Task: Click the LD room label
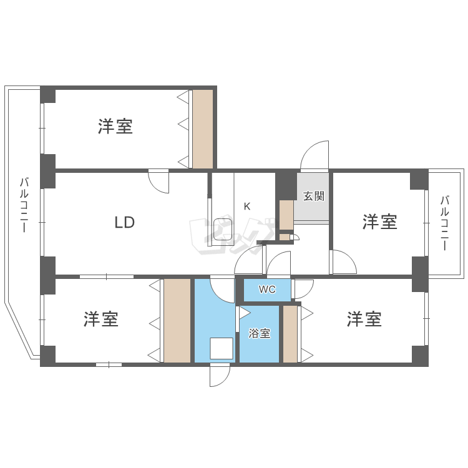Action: tap(124, 222)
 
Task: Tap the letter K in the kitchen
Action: tap(247, 207)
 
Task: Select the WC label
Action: tap(267, 290)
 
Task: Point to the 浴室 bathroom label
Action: tap(260, 333)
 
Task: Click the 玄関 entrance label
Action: tap(314, 196)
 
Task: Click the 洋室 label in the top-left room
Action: tap(115, 127)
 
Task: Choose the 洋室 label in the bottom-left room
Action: tap(102, 319)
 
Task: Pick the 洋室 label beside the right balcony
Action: tap(380, 222)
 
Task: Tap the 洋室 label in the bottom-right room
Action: tap(364, 319)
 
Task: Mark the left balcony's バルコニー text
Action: tap(24, 205)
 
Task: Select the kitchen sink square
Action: tap(223, 230)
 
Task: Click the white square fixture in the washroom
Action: tap(221, 348)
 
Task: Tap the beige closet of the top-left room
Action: tap(202, 129)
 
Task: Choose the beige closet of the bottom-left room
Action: tap(177, 320)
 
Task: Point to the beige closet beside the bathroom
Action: tap(290, 334)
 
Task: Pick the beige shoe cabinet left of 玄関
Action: tap(286, 215)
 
